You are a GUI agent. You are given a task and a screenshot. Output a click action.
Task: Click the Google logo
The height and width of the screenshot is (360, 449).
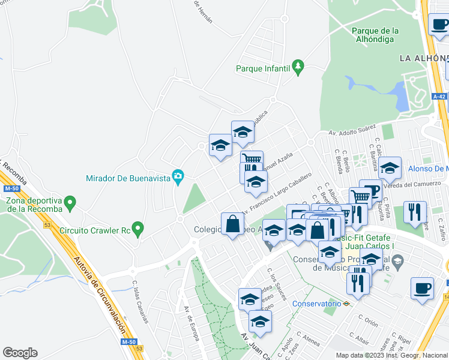click(x=20, y=353)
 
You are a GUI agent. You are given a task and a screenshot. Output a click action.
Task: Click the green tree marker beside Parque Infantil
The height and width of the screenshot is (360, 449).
click(x=297, y=65)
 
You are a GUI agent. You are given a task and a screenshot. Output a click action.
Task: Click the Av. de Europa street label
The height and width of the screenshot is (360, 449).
click(x=192, y=324)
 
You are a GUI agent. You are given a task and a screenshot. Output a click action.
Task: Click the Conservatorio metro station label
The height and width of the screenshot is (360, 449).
click(x=317, y=304)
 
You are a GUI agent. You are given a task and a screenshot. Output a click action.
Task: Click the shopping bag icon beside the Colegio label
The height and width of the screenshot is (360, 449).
click(x=232, y=224)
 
